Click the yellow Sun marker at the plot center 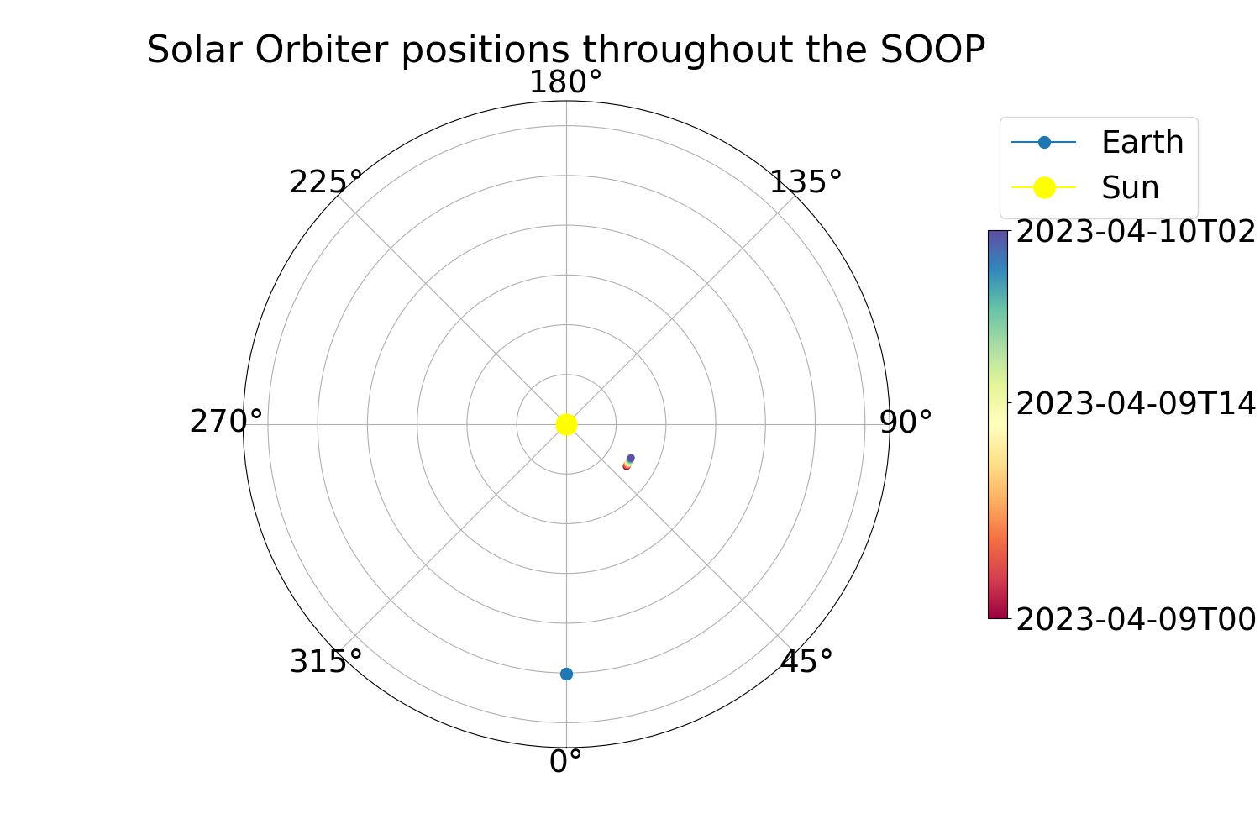(566, 425)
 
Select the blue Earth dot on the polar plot (566, 674)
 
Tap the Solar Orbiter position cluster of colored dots (629, 462)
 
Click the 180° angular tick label (566, 82)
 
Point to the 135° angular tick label (806, 182)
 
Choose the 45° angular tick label (806, 661)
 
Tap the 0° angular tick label (565, 762)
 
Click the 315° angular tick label (326, 661)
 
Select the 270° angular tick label (226, 422)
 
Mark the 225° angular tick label (326, 182)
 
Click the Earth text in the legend (1142, 142)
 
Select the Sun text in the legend (1130, 187)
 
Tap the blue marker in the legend (1044, 142)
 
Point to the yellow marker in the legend (1044, 187)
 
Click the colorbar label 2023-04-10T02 (1136, 232)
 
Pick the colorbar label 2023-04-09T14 (1136, 404)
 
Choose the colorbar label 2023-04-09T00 (1136, 621)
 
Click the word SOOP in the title (932, 50)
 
